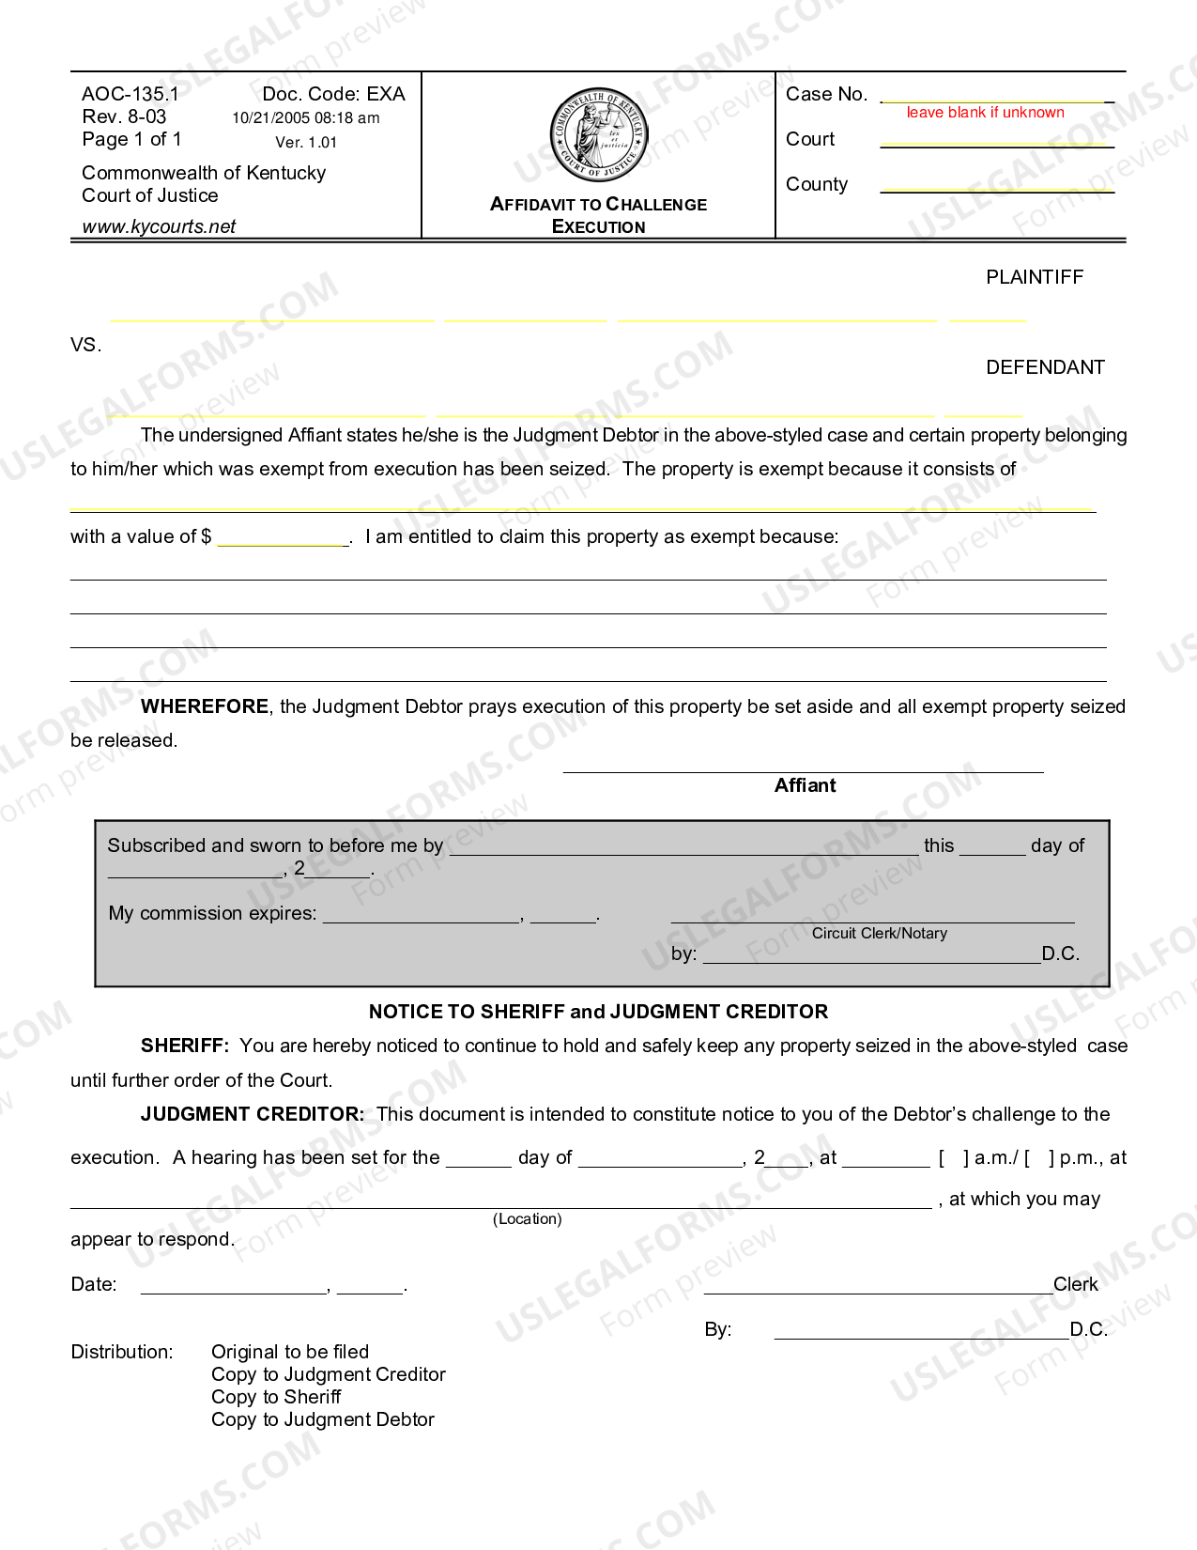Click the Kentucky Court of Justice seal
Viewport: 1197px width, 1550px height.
[x=599, y=135]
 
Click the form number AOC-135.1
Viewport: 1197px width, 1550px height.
[x=130, y=94]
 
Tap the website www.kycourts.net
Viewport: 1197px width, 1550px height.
[x=159, y=226]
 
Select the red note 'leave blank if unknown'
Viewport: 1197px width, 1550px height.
[x=985, y=113]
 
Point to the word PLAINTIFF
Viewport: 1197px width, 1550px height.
[x=1034, y=277]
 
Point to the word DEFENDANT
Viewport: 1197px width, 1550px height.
[x=1044, y=367]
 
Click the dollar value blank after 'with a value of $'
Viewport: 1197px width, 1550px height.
[x=283, y=538]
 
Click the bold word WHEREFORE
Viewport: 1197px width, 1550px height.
[x=204, y=706]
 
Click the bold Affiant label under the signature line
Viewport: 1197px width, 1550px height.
[x=805, y=786]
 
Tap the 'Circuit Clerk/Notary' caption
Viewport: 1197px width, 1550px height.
[x=879, y=934]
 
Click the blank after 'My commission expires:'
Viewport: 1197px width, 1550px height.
[x=422, y=915]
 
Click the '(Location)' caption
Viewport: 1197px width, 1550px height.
[x=527, y=1219]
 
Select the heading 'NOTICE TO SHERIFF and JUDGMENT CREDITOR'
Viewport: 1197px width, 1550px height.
[x=598, y=1012]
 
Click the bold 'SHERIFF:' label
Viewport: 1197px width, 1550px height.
[x=184, y=1046]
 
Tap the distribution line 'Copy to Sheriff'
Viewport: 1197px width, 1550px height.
[x=275, y=1397]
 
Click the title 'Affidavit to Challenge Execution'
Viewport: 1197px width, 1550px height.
[x=598, y=215]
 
